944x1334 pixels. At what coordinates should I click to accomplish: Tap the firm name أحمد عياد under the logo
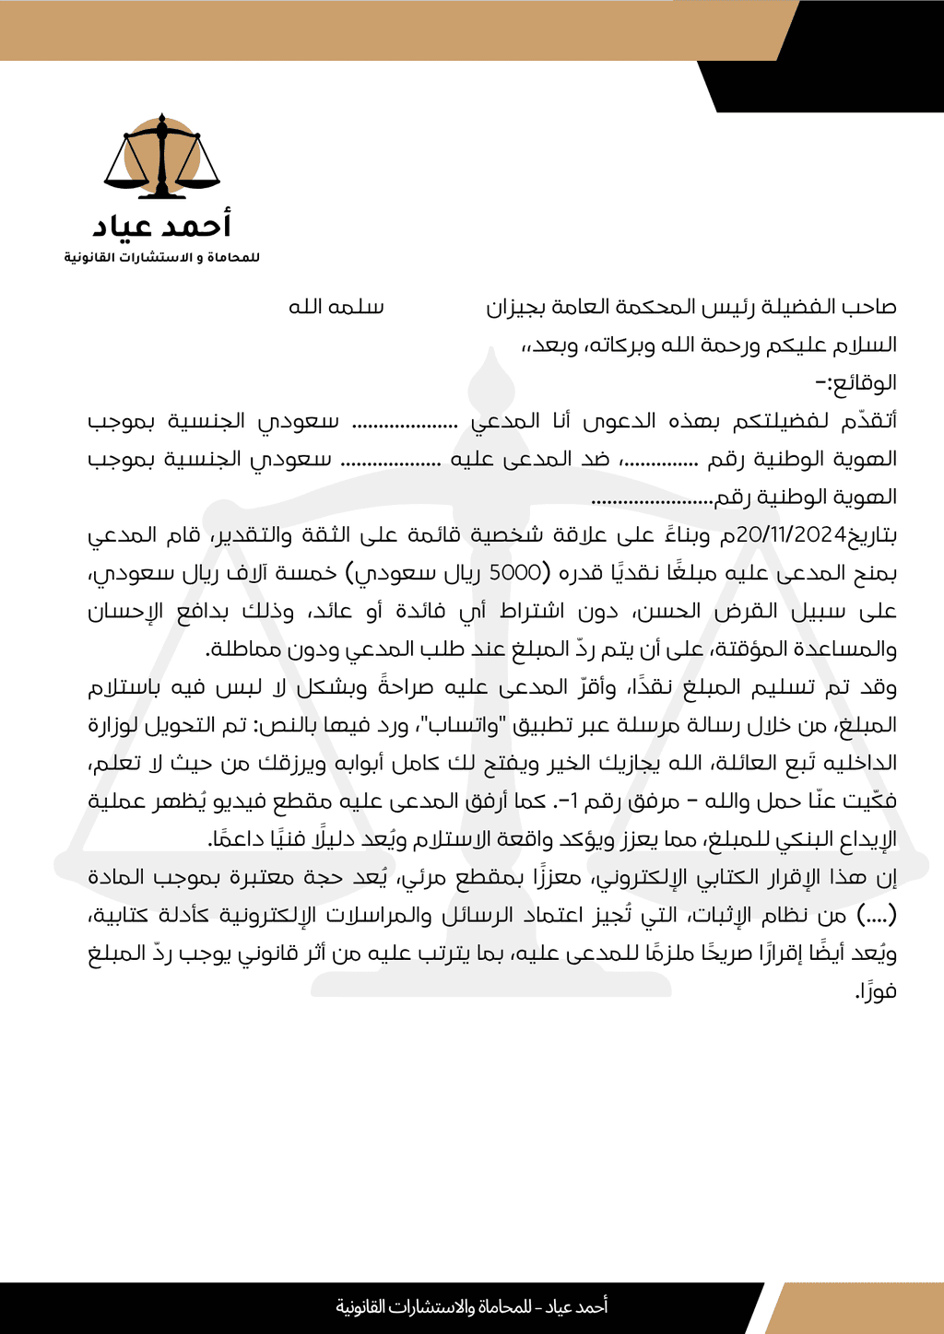click(x=162, y=226)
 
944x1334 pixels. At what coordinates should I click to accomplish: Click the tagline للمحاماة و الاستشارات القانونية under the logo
click(x=162, y=257)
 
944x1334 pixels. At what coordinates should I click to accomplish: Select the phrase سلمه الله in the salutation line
click(x=336, y=307)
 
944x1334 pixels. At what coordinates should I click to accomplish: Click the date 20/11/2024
click(x=792, y=534)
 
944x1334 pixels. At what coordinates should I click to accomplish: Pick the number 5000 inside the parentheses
click(x=515, y=573)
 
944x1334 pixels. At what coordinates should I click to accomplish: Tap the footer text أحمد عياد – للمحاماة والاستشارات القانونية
click(x=471, y=1306)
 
